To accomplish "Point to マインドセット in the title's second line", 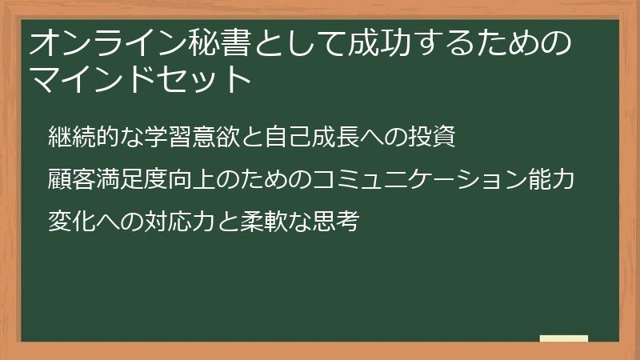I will click(x=140, y=80).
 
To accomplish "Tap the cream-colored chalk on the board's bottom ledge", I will click(x=563, y=338).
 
